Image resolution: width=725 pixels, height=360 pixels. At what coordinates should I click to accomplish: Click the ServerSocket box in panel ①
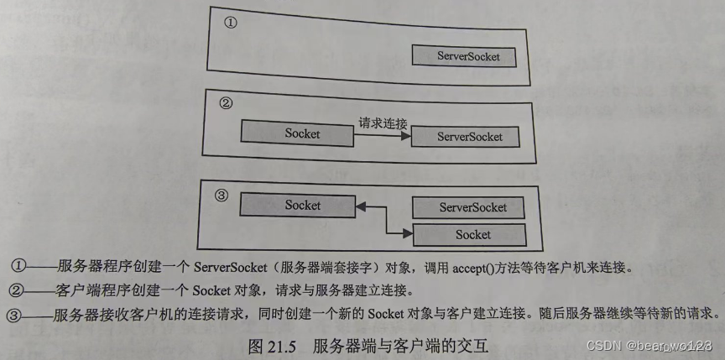tap(464, 56)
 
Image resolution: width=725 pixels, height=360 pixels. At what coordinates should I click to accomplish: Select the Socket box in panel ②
tap(297, 133)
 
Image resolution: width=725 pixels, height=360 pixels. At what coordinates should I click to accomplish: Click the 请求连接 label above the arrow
tap(382, 123)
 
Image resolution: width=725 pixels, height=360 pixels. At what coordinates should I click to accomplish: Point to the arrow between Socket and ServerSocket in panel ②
tap(382, 135)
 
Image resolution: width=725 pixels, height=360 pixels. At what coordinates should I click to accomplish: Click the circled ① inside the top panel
tap(231, 23)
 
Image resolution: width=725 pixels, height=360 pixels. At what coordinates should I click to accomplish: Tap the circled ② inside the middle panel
tap(225, 105)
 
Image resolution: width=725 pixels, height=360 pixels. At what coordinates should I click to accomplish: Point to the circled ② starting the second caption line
tap(19, 290)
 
